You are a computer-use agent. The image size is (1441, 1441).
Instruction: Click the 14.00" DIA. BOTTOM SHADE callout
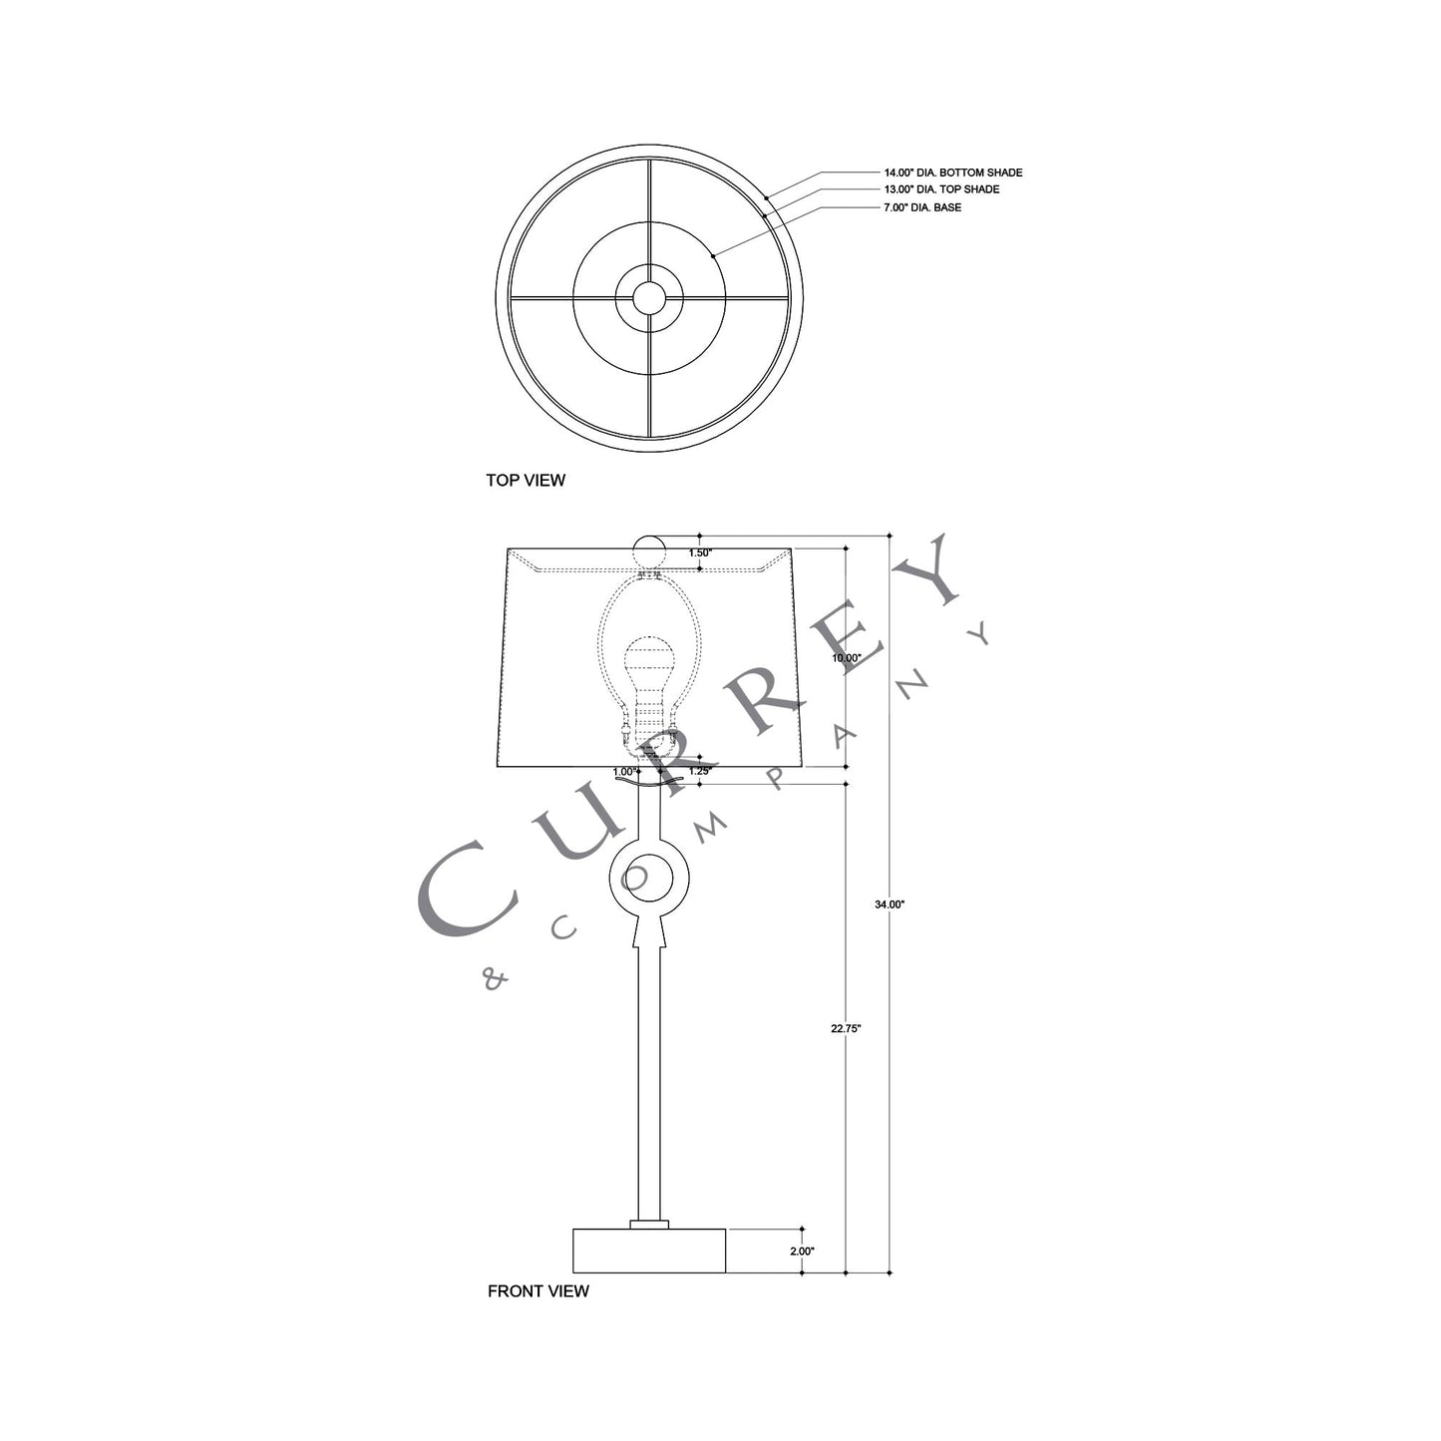pyautogui.click(x=952, y=173)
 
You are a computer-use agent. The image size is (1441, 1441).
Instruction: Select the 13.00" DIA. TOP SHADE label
pyautogui.click(x=940, y=189)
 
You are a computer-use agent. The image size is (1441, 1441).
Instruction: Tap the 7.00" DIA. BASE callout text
pyautogui.click(x=922, y=207)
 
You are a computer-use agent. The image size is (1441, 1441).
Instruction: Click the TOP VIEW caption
pyautogui.click(x=525, y=480)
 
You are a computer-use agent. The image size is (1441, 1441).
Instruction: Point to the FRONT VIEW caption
pyautogui.click(x=538, y=1290)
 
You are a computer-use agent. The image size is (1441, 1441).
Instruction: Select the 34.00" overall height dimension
pyautogui.click(x=889, y=904)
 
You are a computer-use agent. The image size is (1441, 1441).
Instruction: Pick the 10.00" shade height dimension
pyautogui.click(x=846, y=658)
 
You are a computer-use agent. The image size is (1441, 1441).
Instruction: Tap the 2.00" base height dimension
pyautogui.click(x=801, y=1251)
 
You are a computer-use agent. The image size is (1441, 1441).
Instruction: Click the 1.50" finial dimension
pyautogui.click(x=700, y=552)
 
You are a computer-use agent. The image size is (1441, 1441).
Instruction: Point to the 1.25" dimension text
pyautogui.click(x=700, y=771)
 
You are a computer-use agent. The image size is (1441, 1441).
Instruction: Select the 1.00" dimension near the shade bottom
pyautogui.click(x=625, y=771)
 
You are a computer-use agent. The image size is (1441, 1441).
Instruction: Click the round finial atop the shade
pyautogui.click(x=649, y=551)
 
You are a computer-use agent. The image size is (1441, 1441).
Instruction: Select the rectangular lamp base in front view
pyautogui.click(x=649, y=1250)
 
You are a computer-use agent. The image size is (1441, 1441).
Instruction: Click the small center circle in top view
pyautogui.click(x=649, y=296)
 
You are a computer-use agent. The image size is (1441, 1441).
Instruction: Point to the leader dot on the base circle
pyautogui.click(x=713, y=256)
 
